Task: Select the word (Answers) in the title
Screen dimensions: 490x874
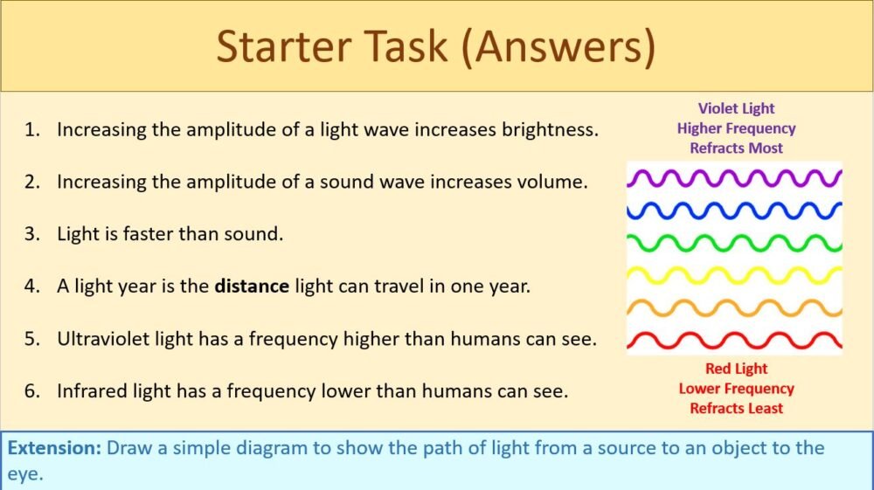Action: click(x=558, y=47)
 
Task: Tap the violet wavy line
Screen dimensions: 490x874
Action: click(x=734, y=178)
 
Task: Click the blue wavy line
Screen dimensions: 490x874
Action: click(x=734, y=210)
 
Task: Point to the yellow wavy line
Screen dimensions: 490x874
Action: click(x=734, y=275)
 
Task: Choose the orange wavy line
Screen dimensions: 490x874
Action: click(x=734, y=307)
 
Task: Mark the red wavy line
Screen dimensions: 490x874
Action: click(x=734, y=338)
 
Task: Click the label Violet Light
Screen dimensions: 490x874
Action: click(x=736, y=108)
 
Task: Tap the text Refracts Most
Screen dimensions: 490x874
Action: click(x=736, y=148)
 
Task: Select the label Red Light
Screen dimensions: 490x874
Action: click(x=736, y=369)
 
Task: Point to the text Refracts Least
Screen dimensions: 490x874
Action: click(x=736, y=408)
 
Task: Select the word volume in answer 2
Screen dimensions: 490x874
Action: click(x=555, y=182)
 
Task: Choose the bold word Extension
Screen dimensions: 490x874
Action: click(x=54, y=449)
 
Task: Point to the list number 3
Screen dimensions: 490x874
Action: click(x=31, y=234)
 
